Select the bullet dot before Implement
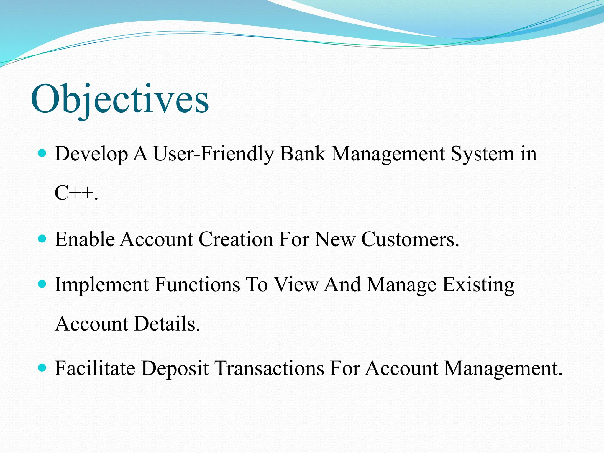pos(42,284)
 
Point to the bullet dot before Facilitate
pos(42,368)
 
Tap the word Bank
pos(303,154)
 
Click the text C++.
pos(76,193)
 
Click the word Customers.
pos(410,239)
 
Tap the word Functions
pos(197,285)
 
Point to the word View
pos(296,285)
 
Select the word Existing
pos(478,285)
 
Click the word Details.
pos(167,324)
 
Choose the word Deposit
pos(175,368)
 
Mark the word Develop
pos(91,154)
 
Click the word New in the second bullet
pos(335,239)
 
